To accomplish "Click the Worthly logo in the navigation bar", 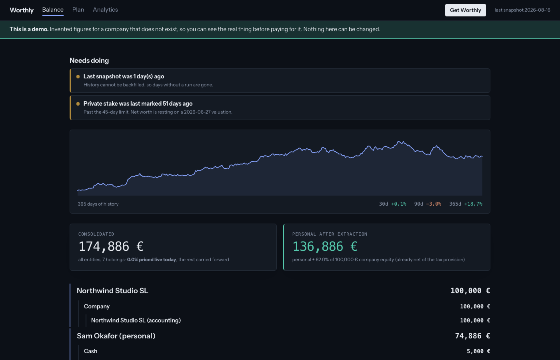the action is [x=22, y=10].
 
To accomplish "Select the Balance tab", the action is [x=53, y=10].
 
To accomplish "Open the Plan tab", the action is [x=78, y=10].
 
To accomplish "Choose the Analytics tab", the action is [x=105, y=10].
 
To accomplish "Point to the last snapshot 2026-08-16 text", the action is [x=522, y=10].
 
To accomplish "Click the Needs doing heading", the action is [x=89, y=60].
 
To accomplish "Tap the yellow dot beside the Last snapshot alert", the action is [x=78, y=76].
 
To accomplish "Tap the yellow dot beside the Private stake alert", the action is [x=78, y=104].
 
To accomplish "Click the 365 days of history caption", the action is [x=98, y=204].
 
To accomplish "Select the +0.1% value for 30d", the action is [x=398, y=204].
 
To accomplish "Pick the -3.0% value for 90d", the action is [x=434, y=204].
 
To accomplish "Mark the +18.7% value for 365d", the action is [x=473, y=204].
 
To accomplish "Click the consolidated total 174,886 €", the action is [x=111, y=246].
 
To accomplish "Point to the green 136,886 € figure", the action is [x=325, y=246].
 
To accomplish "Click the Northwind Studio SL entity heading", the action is [x=112, y=291].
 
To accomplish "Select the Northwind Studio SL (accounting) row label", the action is [x=136, y=320].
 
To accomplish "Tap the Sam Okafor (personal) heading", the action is [x=116, y=336].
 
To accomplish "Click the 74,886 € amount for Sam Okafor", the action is [x=472, y=336].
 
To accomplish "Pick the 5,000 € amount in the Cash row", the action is [x=478, y=351].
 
